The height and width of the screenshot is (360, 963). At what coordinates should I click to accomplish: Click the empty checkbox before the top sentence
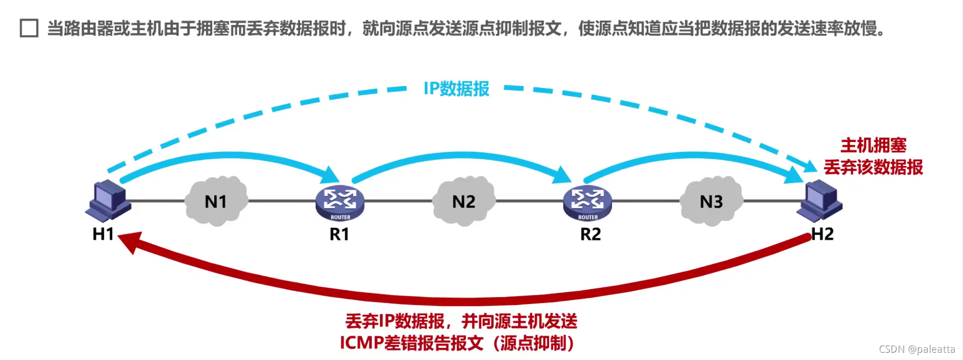point(29,28)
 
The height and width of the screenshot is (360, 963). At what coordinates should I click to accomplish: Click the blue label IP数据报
point(456,89)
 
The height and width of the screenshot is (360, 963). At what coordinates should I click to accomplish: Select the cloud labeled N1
point(216,201)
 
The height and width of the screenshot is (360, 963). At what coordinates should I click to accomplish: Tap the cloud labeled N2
point(463,201)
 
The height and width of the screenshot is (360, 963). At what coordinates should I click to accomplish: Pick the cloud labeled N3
point(711,201)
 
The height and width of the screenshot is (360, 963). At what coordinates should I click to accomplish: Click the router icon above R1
point(340,202)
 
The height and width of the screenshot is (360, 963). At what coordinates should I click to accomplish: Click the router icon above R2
point(588,202)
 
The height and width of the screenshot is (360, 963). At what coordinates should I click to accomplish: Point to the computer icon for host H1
point(108,200)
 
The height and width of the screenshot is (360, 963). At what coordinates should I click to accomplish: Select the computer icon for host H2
point(819,200)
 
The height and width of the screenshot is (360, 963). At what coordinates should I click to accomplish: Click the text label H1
point(103,234)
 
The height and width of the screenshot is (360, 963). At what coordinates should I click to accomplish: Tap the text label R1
point(339,235)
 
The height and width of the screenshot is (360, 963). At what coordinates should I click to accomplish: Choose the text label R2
point(590,235)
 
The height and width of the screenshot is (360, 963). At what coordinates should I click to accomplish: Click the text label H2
point(823,234)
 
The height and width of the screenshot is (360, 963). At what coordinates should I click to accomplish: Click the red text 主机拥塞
point(873,145)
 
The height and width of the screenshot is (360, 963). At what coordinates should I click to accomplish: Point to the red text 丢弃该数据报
point(873,168)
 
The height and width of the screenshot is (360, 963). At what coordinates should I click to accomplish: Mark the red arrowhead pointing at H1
point(129,241)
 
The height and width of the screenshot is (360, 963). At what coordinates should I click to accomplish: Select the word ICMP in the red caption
point(361,343)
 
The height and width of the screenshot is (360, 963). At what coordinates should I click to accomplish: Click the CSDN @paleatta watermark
point(917,349)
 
